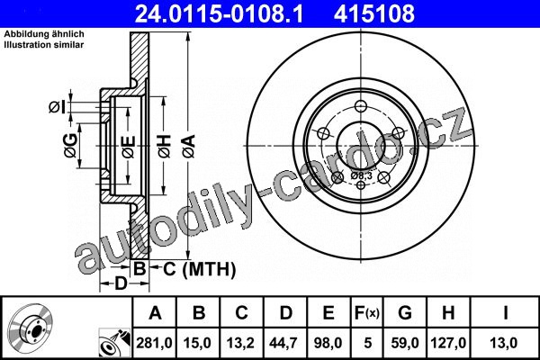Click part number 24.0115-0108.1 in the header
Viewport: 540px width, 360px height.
(219, 13)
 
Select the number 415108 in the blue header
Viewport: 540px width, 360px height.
(374, 13)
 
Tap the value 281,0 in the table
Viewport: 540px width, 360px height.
(154, 343)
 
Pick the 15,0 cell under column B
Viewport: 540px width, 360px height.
(198, 343)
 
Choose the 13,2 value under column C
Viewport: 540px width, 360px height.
(240, 343)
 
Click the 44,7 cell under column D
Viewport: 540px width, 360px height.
(284, 343)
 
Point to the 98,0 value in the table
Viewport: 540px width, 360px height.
(328, 343)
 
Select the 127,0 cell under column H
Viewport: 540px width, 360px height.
(448, 343)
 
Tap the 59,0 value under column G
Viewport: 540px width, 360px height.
(405, 343)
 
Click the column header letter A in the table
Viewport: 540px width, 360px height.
(155, 313)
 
